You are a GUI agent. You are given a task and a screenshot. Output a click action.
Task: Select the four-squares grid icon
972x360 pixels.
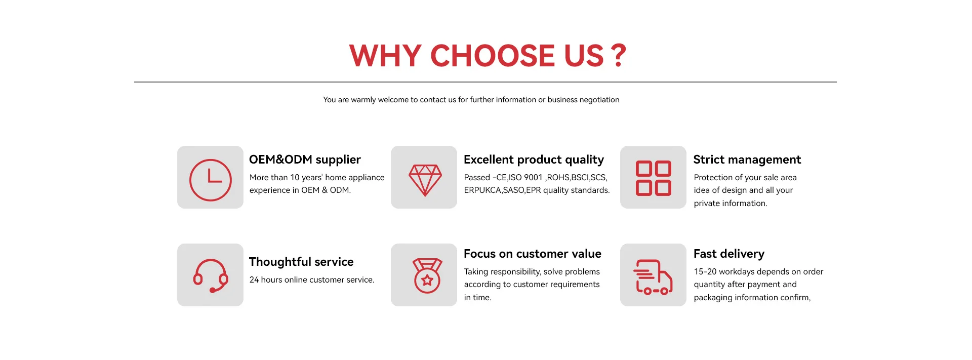pos(654,178)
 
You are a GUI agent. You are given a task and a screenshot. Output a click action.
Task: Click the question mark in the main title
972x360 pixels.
pos(619,56)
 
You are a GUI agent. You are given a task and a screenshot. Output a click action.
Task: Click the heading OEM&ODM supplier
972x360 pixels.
pos(305,159)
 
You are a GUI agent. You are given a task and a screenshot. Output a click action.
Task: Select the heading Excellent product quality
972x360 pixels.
pos(534,160)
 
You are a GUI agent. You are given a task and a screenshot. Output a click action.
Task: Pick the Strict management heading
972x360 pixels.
pos(747,160)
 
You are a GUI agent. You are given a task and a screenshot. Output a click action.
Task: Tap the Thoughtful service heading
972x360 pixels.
pos(301,262)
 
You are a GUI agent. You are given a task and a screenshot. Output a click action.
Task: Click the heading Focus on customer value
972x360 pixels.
pos(533,254)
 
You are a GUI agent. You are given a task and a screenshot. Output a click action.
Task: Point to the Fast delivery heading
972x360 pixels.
pos(728,254)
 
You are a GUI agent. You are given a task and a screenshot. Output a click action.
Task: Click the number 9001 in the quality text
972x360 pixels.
pos(533,177)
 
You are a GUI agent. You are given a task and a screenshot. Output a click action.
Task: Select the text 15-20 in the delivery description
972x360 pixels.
pos(705,271)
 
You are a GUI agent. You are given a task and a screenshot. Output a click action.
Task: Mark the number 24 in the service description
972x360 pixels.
pos(254,279)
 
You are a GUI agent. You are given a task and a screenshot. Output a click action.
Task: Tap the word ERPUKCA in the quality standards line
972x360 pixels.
pos(482,190)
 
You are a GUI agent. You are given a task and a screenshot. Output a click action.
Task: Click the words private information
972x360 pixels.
pos(731,204)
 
